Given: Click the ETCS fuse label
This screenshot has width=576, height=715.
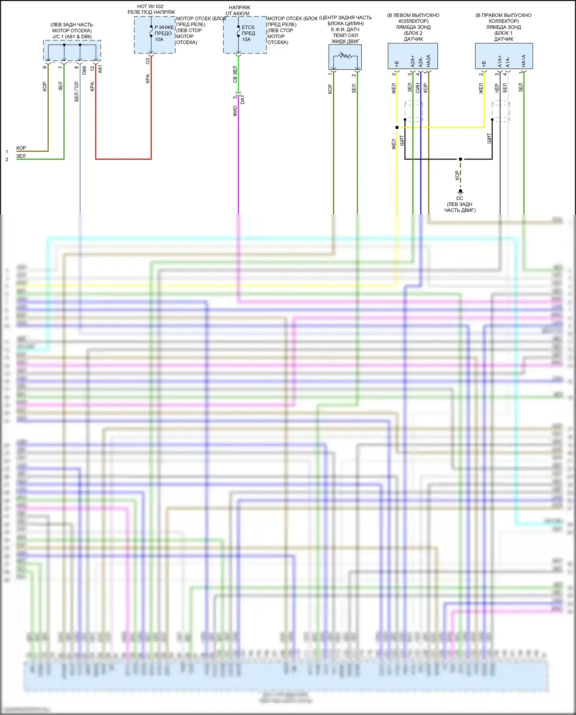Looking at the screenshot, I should coord(248,27).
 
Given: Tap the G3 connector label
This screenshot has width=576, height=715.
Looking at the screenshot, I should coord(148,61).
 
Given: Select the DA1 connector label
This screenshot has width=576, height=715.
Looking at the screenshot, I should coord(242,100).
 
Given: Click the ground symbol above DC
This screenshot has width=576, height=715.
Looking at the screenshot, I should coord(460,191).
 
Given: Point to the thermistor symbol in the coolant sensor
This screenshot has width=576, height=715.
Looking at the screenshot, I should coord(345,56).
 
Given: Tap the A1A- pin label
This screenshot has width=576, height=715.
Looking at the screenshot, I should coord(508,62).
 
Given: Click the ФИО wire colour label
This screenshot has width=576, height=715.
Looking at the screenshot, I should coord(235,111).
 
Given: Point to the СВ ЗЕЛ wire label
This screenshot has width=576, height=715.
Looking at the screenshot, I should coord(235,75).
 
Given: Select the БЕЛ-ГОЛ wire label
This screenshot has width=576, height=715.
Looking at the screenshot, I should coord(77,91).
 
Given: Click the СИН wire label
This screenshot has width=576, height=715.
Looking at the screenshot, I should coord(418,88).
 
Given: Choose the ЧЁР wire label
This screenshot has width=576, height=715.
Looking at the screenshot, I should coord(497,88).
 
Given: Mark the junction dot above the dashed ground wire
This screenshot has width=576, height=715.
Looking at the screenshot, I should coord(460,159).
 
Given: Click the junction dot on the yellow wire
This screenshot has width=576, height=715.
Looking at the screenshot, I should coord(397,127).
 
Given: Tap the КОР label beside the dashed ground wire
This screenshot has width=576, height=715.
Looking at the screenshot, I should coord(457,176).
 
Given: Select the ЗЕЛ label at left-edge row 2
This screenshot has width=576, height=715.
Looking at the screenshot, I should coord(21,156).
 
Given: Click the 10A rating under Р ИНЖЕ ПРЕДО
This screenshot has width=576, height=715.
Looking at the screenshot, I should coord(159,40).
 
